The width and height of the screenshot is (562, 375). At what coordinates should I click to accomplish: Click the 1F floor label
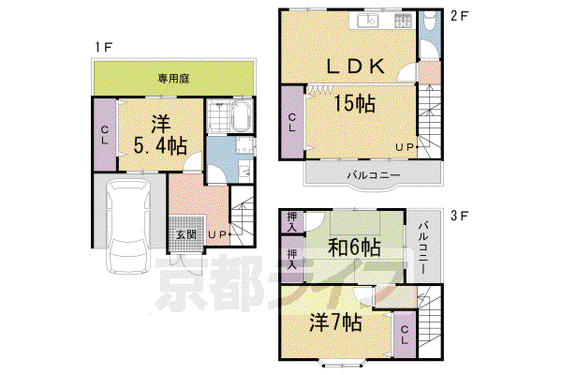(x=103, y=47)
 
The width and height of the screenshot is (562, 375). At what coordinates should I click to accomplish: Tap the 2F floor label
(x=459, y=16)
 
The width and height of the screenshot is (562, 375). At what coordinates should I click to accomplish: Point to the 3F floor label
(x=459, y=216)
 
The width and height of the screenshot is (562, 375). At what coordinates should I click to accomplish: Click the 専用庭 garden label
(x=173, y=79)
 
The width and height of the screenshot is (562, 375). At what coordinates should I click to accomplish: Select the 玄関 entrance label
(x=186, y=234)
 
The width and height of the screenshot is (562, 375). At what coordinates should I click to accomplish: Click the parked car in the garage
(x=129, y=226)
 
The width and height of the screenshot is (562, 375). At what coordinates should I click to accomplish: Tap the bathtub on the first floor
(x=243, y=116)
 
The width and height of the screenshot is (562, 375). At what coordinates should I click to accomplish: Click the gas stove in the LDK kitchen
(x=403, y=21)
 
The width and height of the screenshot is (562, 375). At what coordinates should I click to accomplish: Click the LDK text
(x=356, y=67)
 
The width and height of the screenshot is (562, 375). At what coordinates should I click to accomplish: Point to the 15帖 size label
(x=354, y=104)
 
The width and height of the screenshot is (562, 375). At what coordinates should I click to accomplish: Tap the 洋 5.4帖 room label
(x=160, y=135)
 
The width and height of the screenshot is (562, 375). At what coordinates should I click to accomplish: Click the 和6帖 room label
(x=354, y=247)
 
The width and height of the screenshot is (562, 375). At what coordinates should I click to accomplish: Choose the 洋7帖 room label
(x=335, y=322)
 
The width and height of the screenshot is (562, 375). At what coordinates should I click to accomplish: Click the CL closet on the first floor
(x=105, y=135)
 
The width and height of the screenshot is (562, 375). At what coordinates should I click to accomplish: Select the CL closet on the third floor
(x=405, y=335)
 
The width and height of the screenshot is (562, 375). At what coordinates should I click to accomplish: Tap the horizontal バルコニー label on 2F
(x=373, y=175)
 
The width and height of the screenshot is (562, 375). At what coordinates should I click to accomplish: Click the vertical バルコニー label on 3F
(x=424, y=247)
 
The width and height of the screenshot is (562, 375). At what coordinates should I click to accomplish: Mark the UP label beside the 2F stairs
(x=405, y=147)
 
